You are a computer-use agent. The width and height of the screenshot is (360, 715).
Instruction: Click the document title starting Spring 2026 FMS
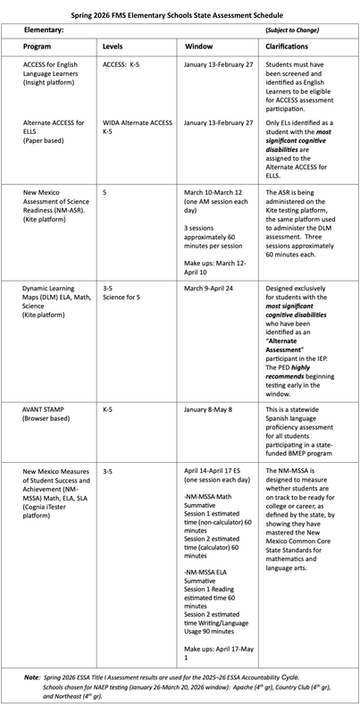pos(180,14)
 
